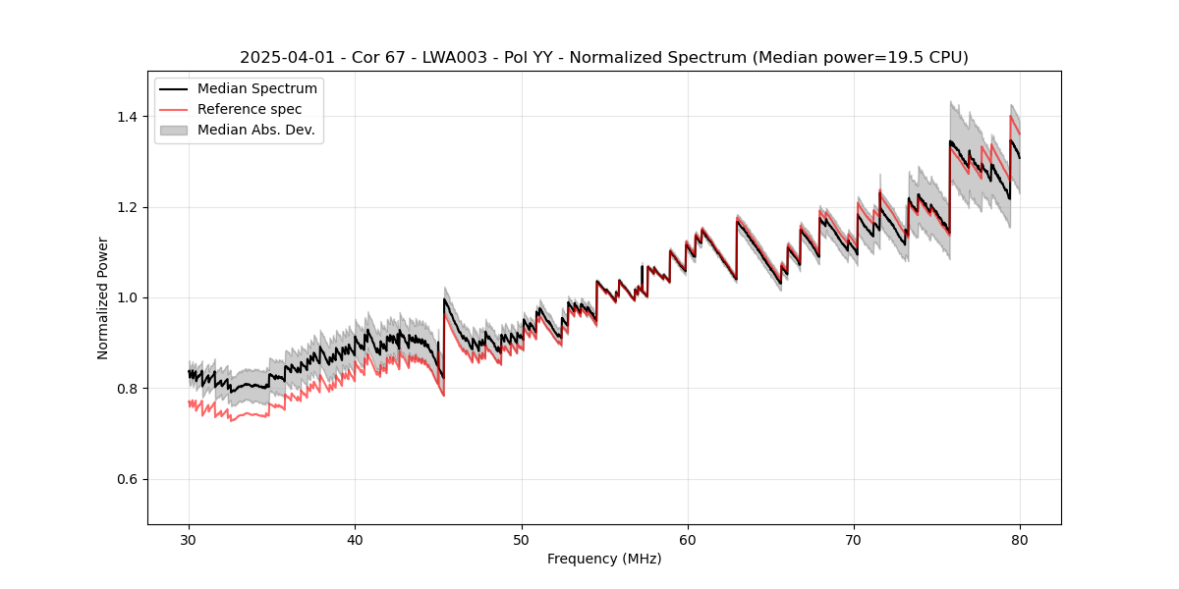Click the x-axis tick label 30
189,539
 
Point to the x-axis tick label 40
355,539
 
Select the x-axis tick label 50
522,539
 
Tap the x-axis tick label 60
688,539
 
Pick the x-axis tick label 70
854,539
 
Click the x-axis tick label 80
1020,539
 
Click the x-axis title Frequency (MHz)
604,559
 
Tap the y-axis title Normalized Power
103,297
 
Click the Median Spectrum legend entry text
257,89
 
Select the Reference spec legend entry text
250,109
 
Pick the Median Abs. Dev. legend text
256,130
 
